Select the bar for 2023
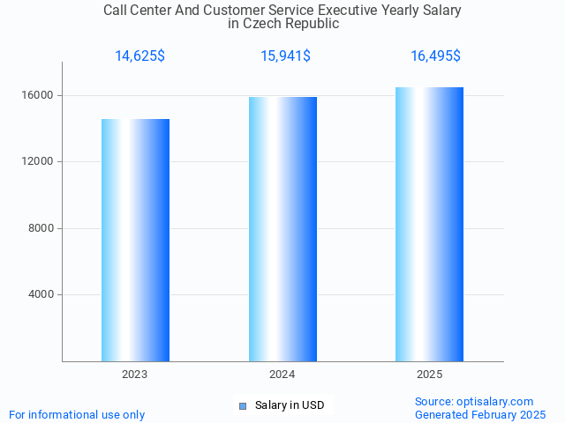pos(135,240)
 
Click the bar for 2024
pos(282,229)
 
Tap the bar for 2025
pos(429,224)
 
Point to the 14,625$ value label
pos(139,56)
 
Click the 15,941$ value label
pos(285,56)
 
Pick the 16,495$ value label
pos(435,56)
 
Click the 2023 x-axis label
pos(135,375)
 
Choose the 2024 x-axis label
pos(282,375)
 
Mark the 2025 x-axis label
pos(430,375)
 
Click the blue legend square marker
pos(243,406)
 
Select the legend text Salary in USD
pos(290,405)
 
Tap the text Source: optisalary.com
pos(474,401)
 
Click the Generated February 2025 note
pos(480,414)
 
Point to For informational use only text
pos(77,414)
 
